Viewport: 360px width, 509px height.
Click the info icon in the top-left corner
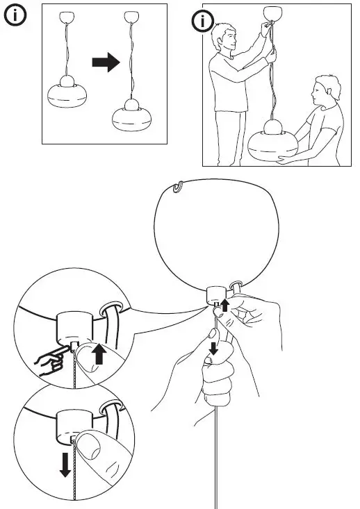(16, 17)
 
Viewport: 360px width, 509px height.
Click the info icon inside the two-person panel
(202, 22)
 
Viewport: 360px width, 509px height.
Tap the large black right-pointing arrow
(106, 63)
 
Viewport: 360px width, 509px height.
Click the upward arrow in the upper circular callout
(99, 354)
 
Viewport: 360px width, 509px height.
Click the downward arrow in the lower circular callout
(65, 463)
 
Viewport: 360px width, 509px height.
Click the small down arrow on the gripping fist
(213, 347)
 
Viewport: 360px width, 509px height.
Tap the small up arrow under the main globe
(224, 303)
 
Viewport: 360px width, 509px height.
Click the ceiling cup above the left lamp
(68, 16)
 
